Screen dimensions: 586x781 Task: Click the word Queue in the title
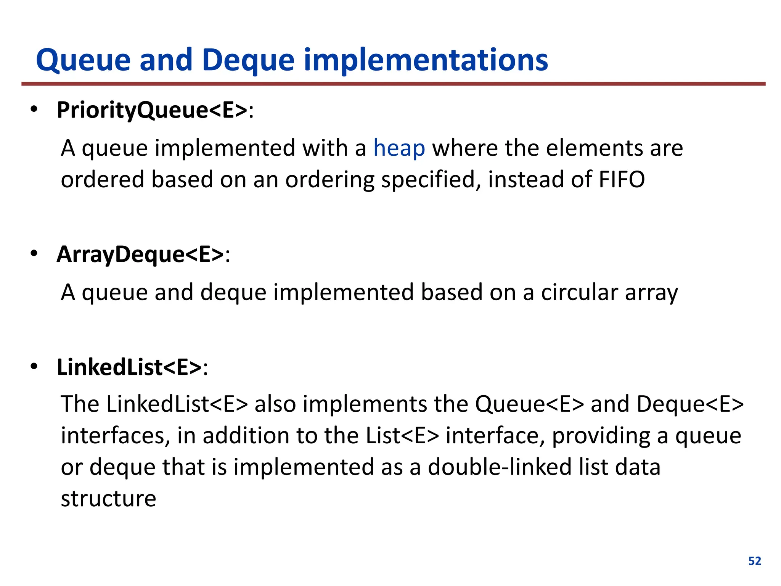coord(84,61)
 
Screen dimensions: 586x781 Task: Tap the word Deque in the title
coord(248,61)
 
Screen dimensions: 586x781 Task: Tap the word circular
coord(579,292)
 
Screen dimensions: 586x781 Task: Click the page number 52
coord(755,561)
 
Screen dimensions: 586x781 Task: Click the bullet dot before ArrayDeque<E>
coord(34,254)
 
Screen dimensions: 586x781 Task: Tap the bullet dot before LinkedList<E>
coord(34,367)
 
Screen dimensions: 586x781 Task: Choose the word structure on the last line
coord(109,499)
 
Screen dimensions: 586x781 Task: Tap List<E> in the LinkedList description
coord(402,435)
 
